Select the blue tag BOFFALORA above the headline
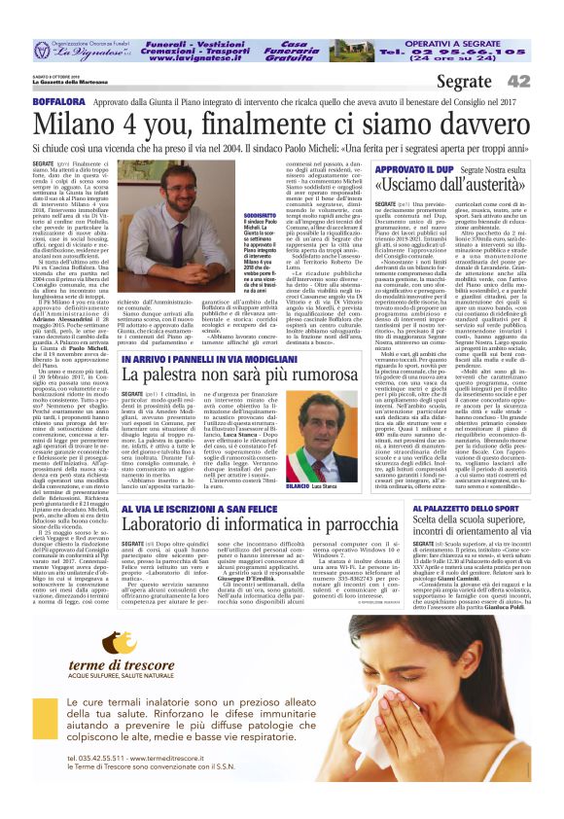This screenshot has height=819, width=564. [58, 100]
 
